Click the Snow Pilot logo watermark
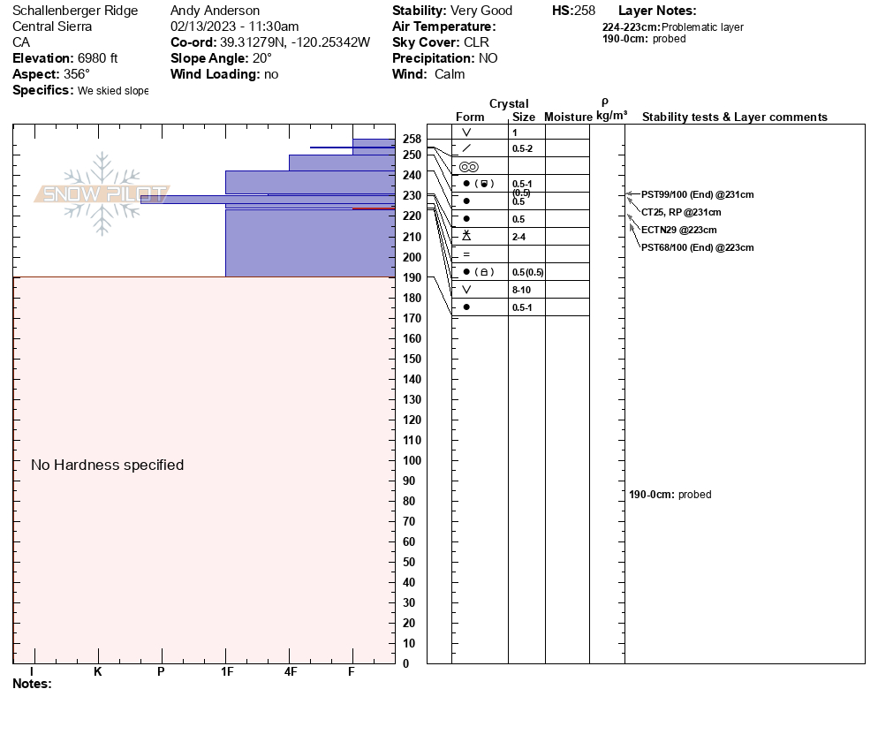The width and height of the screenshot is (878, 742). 102,193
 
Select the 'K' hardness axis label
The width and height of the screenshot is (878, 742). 97,671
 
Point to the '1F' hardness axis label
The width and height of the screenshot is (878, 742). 227,671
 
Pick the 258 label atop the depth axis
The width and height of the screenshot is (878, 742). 412,140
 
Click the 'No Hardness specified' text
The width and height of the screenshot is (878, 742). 107,465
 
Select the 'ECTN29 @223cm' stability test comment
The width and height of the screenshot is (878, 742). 678,230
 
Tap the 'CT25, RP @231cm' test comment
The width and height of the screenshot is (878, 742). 681,212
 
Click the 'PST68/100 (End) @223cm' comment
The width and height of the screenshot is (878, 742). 697,247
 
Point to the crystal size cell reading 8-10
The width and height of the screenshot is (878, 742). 523,290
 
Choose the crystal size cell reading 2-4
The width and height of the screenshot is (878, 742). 519,237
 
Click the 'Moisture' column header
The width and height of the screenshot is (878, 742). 568,117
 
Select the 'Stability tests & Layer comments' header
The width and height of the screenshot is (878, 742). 734,117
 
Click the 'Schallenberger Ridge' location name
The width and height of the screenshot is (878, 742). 75,11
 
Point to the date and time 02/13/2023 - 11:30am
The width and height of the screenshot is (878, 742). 234,26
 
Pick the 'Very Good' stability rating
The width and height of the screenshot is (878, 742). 481,11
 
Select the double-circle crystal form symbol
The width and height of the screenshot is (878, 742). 468,166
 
